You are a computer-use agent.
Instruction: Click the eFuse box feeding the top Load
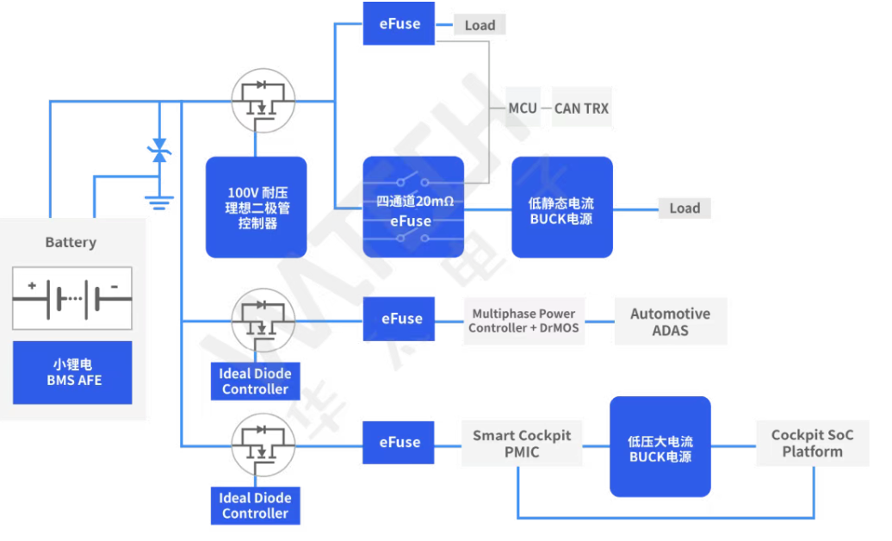point(400,24)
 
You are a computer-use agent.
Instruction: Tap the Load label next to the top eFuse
point(480,25)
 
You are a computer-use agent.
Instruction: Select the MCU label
point(523,108)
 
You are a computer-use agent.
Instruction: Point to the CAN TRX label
point(581,108)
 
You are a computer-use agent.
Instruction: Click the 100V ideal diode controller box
point(257,207)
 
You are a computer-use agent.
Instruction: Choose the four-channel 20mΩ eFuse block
point(413,207)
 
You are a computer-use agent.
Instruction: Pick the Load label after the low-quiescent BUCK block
point(684,208)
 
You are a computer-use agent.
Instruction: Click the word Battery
point(71,243)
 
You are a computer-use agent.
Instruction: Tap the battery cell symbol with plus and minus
point(72,298)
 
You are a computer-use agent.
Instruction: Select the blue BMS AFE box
point(72,372)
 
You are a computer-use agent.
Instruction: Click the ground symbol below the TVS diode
point(158,203)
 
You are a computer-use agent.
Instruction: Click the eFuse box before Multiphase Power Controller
point(402,319)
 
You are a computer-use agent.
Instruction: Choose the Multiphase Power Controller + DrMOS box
point(523,321)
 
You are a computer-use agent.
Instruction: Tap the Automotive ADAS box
point(670,321)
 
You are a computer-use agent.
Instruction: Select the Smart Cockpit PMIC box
point(522,443)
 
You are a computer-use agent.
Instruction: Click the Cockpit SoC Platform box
point(812,443)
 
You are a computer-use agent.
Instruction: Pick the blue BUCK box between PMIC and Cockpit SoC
point(660,447)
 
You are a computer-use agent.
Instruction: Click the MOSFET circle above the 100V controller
point(263,100)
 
